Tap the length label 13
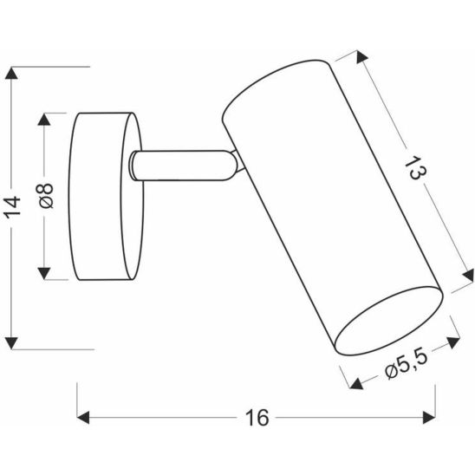point(415,168)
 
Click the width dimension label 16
point(257,417)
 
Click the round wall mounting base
point(104,197)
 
